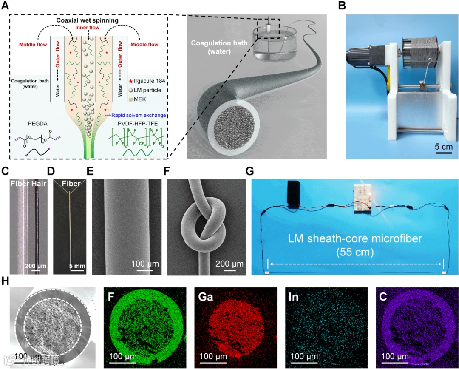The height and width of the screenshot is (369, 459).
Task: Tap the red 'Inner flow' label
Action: [88, 28]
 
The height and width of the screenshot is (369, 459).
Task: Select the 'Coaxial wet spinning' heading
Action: [88, 20]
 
